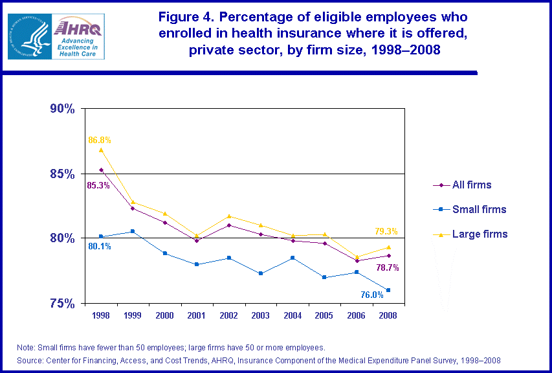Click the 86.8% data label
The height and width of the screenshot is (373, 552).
pyautogui.click(x=100, y=139)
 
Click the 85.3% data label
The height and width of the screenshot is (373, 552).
pyautogui.click(x=98, y=185)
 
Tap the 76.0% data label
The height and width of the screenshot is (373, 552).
pyautogui.click(x=372, y=295)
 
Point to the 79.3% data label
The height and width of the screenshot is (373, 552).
pyautogui.click(x=386, y=231)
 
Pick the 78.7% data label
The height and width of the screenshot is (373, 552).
pyautogui.click(x=387, y=267)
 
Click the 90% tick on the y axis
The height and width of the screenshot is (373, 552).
pyautogui.click(x=63, y=109)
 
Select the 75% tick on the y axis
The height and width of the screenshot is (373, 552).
pyautogui.click(x=63, y=303)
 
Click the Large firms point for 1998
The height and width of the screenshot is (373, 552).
pyautogui.click(x=101, y=150)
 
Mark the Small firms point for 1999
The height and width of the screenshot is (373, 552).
pyautogui.click(x=132, y=231)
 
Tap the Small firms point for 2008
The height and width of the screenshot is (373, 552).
pyautogui.click(x=388, y=290)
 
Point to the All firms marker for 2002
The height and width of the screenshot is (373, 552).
pyautogui.click(x=229, y=225)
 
